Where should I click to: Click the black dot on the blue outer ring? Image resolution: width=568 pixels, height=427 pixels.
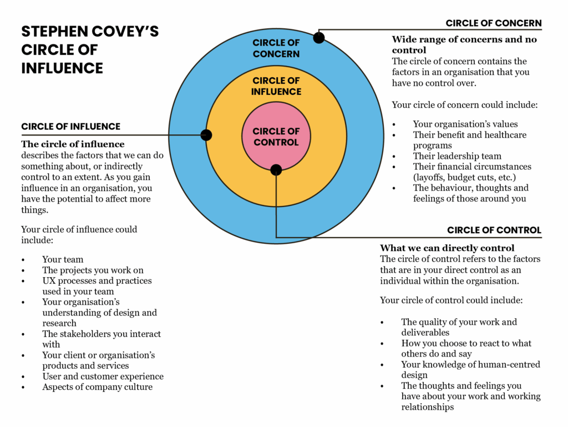point(319,38)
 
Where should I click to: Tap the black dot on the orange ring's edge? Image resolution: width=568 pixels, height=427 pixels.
point(206,135)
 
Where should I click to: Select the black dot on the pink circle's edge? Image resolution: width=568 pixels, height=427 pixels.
point(276,170)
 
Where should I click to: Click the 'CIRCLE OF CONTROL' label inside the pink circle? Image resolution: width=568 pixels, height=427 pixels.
point(276,137)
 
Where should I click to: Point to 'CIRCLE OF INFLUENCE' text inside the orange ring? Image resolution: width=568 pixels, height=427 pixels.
point(276,86)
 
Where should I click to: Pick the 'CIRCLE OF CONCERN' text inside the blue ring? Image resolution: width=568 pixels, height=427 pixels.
point(276,48)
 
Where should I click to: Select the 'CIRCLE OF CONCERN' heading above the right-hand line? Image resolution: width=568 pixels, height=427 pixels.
point(494,23)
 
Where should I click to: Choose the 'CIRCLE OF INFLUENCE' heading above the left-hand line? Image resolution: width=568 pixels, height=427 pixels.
point(70,127)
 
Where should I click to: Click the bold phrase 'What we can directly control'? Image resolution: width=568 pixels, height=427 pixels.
point(447,248)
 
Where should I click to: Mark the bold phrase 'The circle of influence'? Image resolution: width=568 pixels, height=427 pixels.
point(73,144)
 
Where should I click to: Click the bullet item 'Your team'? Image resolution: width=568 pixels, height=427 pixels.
point(63,259)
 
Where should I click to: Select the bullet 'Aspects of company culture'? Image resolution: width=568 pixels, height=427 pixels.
point(97,387)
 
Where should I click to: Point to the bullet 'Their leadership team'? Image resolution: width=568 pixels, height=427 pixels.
point(457,156)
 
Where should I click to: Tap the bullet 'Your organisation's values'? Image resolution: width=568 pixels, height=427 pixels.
point(465,124)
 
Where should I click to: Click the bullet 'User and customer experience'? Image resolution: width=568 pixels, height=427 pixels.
point(103,376)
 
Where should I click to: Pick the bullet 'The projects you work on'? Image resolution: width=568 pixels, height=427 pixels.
point(93,270)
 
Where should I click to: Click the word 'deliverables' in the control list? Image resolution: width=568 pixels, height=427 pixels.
point(425,333)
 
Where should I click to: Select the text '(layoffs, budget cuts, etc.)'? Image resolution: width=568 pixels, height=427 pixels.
point(465,177)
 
